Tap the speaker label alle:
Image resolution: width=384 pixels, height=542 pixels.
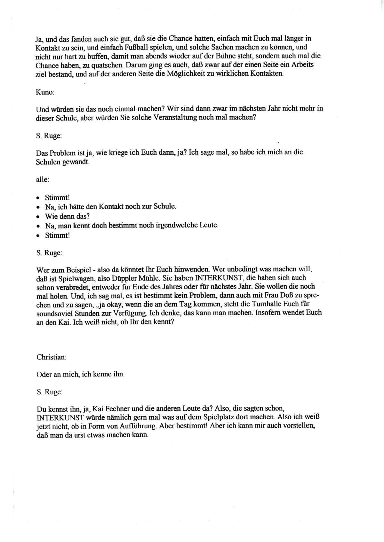tap(42, 179)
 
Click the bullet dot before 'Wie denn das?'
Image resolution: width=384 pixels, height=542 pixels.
tap(38, 216)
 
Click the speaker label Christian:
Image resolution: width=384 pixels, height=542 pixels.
tap(51, 357)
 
